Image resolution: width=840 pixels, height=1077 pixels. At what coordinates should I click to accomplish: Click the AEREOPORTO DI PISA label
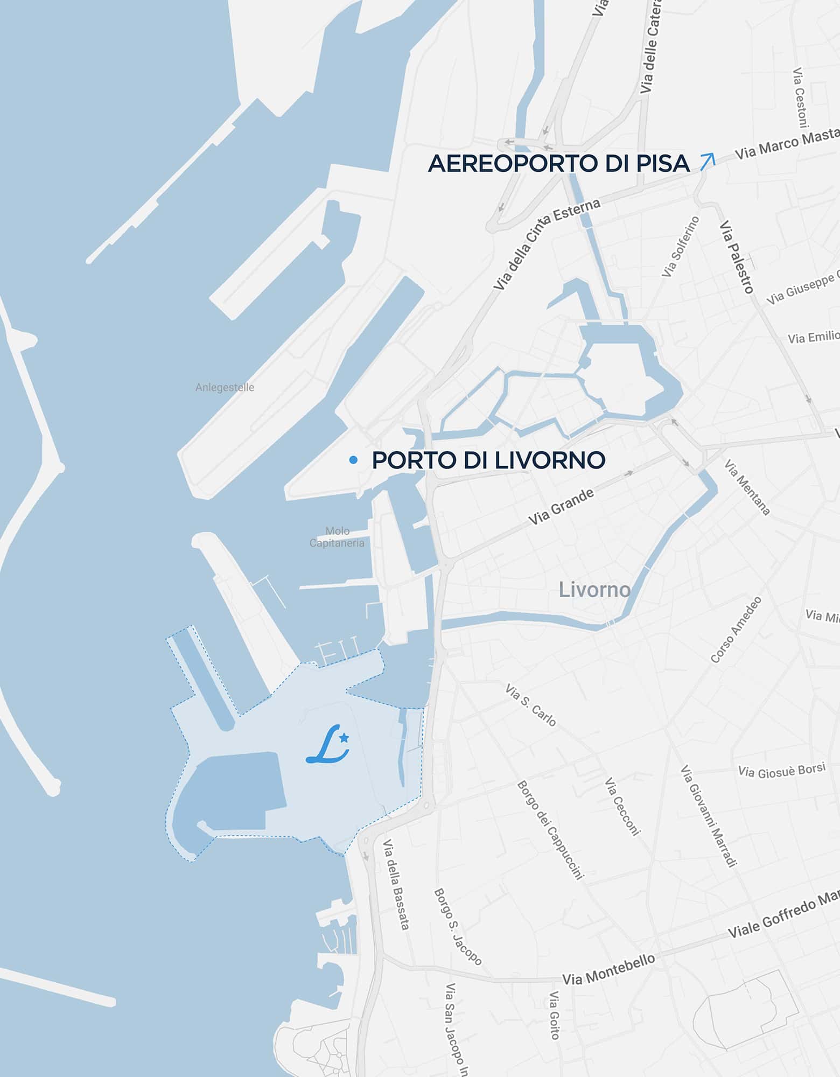(558, 164)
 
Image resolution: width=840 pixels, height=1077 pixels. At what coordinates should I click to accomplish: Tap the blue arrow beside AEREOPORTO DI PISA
(708, 162)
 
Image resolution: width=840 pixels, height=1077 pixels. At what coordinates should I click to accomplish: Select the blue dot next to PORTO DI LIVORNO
(353, 459)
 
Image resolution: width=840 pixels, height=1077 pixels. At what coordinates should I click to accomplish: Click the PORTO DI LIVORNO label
(488, 460)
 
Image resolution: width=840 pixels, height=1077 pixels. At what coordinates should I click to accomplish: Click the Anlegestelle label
(225, 387)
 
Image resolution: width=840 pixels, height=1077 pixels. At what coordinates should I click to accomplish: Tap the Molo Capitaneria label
(337, 537)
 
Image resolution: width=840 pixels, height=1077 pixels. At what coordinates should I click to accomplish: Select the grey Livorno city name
(594, 590)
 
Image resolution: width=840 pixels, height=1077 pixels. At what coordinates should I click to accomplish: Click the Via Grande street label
(561, 507)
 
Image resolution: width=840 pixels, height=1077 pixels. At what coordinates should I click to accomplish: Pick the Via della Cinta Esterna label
(547, 244)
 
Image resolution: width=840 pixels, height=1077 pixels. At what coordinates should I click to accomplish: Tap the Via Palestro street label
(736, 257)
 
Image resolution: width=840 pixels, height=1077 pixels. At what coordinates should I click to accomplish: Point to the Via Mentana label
(747, 487)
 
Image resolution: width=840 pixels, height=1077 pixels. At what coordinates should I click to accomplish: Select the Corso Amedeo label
(736, 630)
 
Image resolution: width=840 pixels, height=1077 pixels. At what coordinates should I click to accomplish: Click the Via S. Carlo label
(530, 705)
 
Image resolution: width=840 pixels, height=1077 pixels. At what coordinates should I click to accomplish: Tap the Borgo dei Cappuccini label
(550, 830)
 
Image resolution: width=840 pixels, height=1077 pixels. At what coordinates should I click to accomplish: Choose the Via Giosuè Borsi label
(781, 771)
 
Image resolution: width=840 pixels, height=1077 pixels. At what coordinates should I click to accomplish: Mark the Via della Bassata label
(396, 884)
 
